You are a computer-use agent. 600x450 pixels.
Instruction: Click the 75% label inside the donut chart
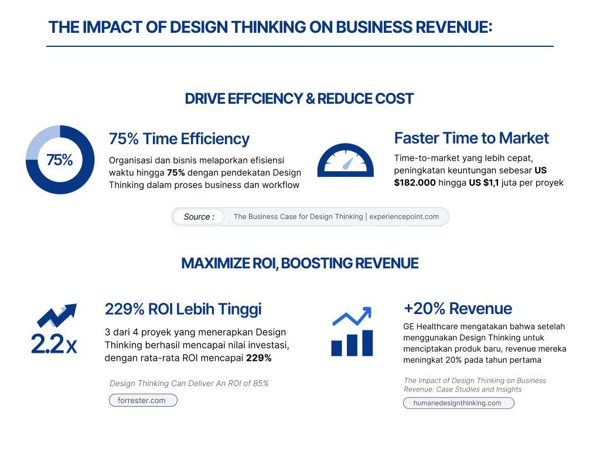coord(59,160)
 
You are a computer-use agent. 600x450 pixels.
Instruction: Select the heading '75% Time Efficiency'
coord(179,139)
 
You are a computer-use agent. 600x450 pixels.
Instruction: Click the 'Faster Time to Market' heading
coord(471,138)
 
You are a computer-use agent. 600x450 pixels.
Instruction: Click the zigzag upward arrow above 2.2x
coord(57,316)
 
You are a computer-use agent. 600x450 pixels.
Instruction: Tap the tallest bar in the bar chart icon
coord(367,343)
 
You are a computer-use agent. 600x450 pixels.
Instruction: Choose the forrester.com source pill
coord(142,401)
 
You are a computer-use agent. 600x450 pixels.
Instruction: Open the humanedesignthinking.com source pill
coord(458,403)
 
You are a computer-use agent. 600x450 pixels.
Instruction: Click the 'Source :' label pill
coord(199,217)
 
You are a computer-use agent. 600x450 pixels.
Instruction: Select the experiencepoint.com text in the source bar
coord(404,217)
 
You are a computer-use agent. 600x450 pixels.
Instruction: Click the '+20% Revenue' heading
coord(458,309)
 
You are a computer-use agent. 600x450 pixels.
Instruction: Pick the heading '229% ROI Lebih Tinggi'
coord(183,309)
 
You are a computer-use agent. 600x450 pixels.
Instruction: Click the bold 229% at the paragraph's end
coord(258,358)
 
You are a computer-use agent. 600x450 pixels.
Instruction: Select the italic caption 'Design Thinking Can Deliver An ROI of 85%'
coord(189,383)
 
